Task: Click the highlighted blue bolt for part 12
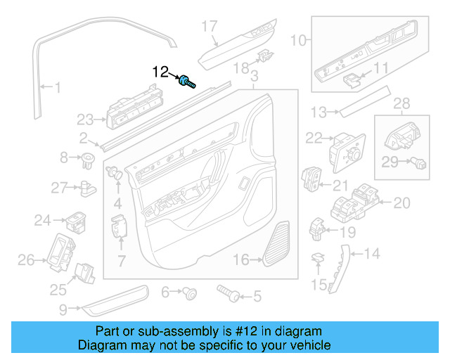[x=186, y=81]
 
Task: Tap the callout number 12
[x=161, y=72]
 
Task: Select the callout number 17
[x=210, y=27]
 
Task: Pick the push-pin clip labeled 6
[x=188, y=292]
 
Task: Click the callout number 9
[x=63, y=308]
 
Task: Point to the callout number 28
[x=401, y=104]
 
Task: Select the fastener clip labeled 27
[x=87, y=187]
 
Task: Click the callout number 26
[x=26, y=261]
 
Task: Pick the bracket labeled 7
[x=118, y=229]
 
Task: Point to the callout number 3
[x=254, y=75]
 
